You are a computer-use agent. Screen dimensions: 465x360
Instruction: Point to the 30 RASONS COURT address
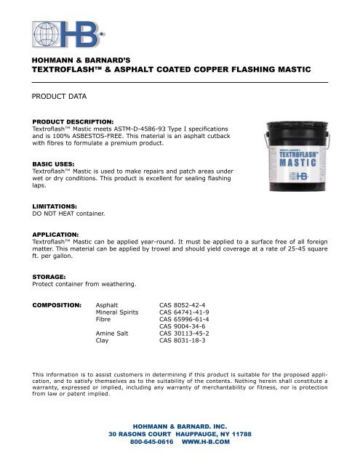point(144,432)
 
